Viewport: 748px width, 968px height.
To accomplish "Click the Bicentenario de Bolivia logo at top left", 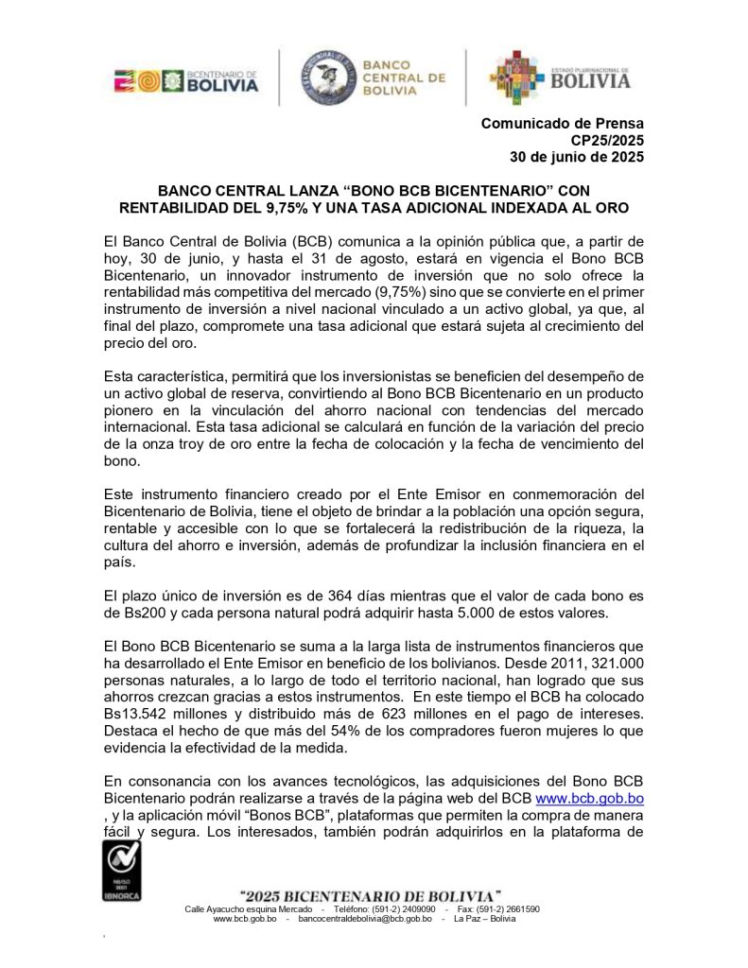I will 185,80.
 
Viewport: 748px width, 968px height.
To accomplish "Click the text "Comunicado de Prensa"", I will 563,123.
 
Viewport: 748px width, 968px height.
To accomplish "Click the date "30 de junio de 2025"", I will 577,157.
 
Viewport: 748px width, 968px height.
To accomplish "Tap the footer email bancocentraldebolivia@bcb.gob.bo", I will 364,919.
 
